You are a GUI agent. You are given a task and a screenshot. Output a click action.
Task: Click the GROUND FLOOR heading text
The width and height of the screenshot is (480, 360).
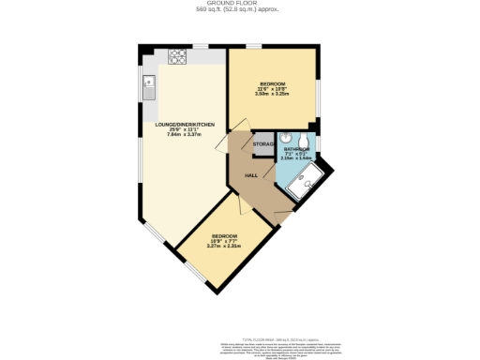tap(240, 4)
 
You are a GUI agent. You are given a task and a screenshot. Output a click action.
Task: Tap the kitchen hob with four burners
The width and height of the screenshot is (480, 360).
tap(178, 56)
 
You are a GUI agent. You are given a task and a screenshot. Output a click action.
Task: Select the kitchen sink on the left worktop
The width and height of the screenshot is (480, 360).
tap(149, 89)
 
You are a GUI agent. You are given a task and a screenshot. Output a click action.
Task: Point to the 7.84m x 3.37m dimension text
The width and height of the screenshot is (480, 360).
tap(184, 134)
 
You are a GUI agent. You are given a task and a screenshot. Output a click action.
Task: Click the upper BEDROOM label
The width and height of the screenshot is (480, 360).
tap(273, 84)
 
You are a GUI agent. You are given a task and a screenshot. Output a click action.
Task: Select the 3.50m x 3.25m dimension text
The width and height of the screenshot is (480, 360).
tap(273, 95)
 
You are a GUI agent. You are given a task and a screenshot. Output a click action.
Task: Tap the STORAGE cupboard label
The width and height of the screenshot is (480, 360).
tap(263, 144)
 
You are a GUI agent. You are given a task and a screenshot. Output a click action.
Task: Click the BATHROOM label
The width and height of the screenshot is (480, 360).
tap(297, 149)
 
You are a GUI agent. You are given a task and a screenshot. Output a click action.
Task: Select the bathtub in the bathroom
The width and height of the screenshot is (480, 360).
tap(307, 183)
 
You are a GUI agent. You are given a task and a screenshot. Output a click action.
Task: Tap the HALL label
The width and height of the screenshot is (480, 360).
tap(251, 175)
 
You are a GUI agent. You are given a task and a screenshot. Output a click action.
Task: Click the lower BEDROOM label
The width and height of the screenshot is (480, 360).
tap(224, 235)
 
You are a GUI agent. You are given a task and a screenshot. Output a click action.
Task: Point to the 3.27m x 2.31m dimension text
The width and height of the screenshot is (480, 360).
tap(224, 246)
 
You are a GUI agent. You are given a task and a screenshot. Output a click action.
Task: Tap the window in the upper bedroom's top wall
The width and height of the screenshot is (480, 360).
tap(253, 45)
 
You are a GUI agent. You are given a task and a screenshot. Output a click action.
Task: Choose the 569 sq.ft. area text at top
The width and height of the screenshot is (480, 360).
tap(240, 10)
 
